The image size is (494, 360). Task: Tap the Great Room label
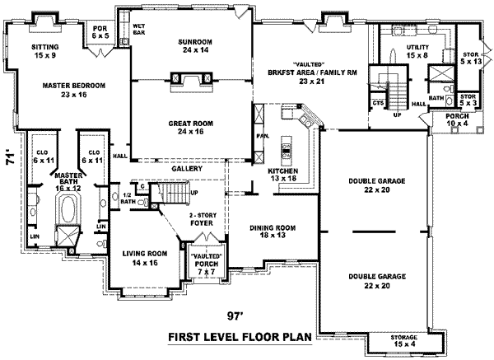pyautogui.click(x=190, y=128)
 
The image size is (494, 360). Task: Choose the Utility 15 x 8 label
pyautogui.click(x=417, y=53)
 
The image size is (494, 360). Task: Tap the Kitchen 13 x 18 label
pyautogui.click(x=282, y=175)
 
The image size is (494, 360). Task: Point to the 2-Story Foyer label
pyautogui.click(x=200, y=217)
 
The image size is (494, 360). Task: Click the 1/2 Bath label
pyautogui.click(x=127, y=198)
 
